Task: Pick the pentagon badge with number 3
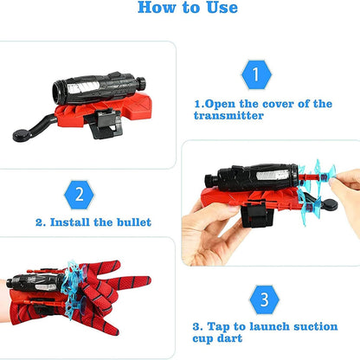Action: pos(265,301)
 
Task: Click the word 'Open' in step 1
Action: pos(228,103)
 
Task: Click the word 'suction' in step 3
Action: pos(289,328)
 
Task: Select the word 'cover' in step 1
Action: pos(279,103)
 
